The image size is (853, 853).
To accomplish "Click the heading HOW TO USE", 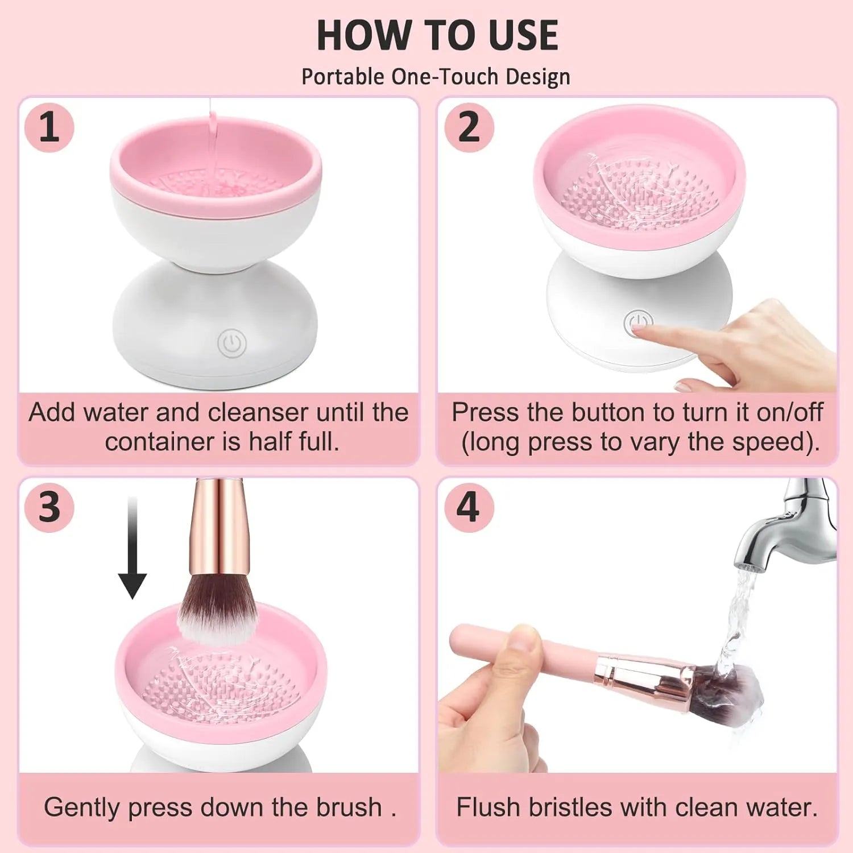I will [x=437, y=35].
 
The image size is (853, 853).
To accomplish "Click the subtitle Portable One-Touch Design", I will [x=436, y=77].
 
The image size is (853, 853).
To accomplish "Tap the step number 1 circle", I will [x=49, y=127].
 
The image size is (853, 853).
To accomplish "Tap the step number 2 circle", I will [x=469, y=127].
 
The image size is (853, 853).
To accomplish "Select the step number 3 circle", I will [x=49, y=507].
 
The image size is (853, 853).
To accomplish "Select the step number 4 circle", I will [x=469, y=507].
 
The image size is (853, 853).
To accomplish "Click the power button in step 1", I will [x=232, y=343].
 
